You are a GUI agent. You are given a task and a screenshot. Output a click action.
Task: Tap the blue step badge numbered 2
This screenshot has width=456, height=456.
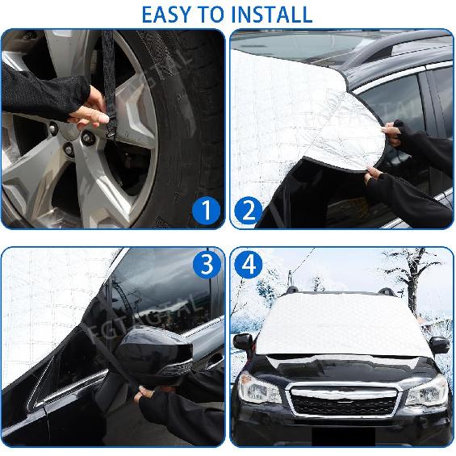(249, 211)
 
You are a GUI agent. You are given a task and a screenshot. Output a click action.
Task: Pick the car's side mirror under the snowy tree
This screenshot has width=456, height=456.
(439, 345)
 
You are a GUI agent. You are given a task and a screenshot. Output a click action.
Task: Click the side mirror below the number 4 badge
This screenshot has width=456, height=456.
(243, 341)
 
